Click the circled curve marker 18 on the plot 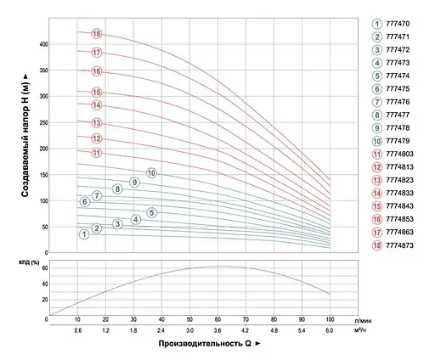click(x=97, y=34)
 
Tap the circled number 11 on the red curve click(x=97, y=153)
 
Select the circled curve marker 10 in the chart click(x=151, y=173)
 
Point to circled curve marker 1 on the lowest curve click(x=84, y=233)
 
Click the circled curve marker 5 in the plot click(x=151, y=212)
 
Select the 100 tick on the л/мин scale click(x=329, y=318)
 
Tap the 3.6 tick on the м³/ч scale click(x=218, y=329)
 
